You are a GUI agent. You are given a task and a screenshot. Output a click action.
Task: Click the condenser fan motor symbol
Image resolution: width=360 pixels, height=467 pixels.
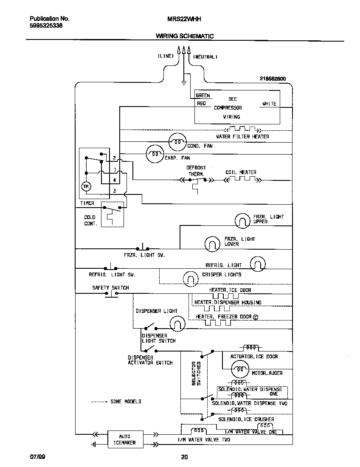[x=177, y=142]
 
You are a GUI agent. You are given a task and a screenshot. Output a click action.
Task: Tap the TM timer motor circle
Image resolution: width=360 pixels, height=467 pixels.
[x=86, y=186]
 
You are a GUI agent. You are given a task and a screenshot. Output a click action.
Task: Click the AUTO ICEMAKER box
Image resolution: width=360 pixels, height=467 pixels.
[x=125, y=439]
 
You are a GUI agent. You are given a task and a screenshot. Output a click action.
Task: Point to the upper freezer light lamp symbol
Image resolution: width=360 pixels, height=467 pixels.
[x=242, y=220]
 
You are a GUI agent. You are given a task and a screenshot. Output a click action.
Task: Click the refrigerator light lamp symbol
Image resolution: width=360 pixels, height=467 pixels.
[x=258, y=264]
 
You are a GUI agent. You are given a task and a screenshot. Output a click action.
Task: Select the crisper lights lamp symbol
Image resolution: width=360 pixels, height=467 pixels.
[x=191, y=279]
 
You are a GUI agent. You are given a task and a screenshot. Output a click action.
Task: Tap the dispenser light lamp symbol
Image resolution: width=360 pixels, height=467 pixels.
[x=178, y=324]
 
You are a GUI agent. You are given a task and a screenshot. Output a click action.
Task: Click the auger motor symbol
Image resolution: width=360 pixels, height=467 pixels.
[x=240, y=370]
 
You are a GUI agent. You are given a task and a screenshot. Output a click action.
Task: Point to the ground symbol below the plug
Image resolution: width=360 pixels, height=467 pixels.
[x=183, y=82]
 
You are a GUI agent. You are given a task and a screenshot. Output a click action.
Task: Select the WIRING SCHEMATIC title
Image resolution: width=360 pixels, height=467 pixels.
[x=184, y=37]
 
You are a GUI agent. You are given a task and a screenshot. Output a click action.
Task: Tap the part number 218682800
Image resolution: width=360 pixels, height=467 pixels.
[x=273, y=79]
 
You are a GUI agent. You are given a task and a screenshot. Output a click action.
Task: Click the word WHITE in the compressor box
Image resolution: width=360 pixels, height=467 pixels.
[x=269, y=104]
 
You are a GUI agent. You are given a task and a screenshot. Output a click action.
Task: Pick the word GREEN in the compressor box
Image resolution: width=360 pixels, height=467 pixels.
[x=203, y=96]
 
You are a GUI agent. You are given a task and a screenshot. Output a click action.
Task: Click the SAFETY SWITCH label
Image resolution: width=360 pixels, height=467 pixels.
[x=110, y=287]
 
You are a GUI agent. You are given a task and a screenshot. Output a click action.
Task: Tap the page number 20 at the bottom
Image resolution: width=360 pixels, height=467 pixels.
[x=184, y=457]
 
